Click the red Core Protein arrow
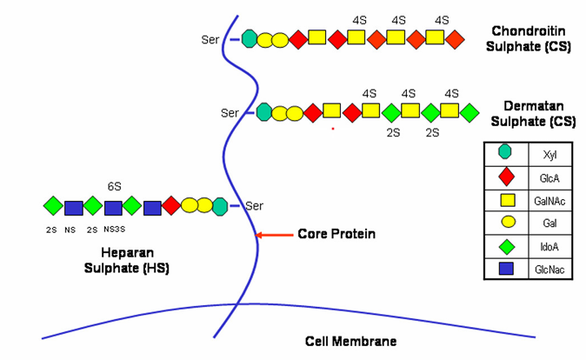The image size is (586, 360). click(275, 235)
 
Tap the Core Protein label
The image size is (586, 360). click(336, 234)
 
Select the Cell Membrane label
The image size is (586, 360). click(350, 342)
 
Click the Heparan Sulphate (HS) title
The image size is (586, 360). click(127, 260)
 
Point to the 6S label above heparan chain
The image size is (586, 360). click(115, 186)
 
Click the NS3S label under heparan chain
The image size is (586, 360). click(115, 230)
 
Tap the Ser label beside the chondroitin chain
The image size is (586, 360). click(210, 40)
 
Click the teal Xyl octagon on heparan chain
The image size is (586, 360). click(220, 207)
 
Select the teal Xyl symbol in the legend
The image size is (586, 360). click(505, 152)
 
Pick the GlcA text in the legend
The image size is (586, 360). click(549, 178)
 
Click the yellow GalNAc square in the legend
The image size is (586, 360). click(508, 200)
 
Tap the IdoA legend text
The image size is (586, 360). click(549, 247)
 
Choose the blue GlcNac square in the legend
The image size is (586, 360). click(506, 269)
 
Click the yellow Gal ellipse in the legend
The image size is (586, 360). click(509, 222)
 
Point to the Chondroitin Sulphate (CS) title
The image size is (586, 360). click(528, 39)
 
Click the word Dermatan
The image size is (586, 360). click(533, 106)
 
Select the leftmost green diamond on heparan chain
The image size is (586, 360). click(53, 205)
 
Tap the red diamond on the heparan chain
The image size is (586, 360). click(171, 205)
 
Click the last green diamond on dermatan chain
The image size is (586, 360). click(469, 113)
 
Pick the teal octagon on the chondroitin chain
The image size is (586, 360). click(250, 39)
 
